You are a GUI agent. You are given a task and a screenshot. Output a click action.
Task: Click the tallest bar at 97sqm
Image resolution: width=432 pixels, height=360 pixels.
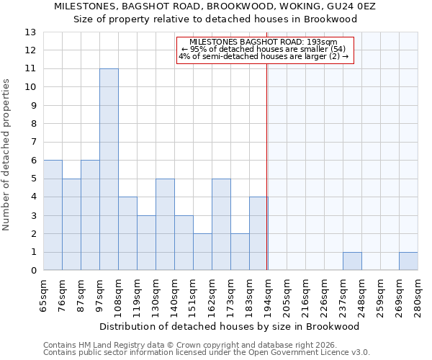(x=109, y=169)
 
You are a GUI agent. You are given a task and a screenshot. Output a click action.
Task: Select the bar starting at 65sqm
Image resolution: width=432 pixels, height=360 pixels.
(x=53, y=215)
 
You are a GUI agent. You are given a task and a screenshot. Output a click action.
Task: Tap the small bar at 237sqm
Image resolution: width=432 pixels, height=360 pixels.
(x=352, y=261)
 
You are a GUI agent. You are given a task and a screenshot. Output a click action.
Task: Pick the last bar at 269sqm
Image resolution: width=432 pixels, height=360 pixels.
(x=408, y=261)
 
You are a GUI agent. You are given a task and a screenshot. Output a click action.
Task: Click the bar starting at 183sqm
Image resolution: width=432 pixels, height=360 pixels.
(x=258, y=234)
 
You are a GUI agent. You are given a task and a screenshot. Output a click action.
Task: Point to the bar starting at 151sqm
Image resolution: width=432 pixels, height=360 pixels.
(x=202, y=252)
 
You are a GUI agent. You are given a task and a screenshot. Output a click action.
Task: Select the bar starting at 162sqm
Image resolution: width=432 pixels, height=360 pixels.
(x=221, y=225)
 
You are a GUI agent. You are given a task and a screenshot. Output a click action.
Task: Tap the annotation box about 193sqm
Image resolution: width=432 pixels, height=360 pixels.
(x=264, y=50)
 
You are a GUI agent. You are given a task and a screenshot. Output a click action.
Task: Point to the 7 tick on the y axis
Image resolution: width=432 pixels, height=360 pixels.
(x=32, y=142)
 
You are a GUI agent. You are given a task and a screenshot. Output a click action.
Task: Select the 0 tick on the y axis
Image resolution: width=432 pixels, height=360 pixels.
(x=32, y=271)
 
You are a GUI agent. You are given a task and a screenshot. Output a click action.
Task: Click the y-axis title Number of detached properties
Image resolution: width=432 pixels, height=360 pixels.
(x=7, y=156)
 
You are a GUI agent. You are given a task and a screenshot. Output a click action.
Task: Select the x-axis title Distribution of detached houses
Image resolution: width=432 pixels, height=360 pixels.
(x=229, y=326)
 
